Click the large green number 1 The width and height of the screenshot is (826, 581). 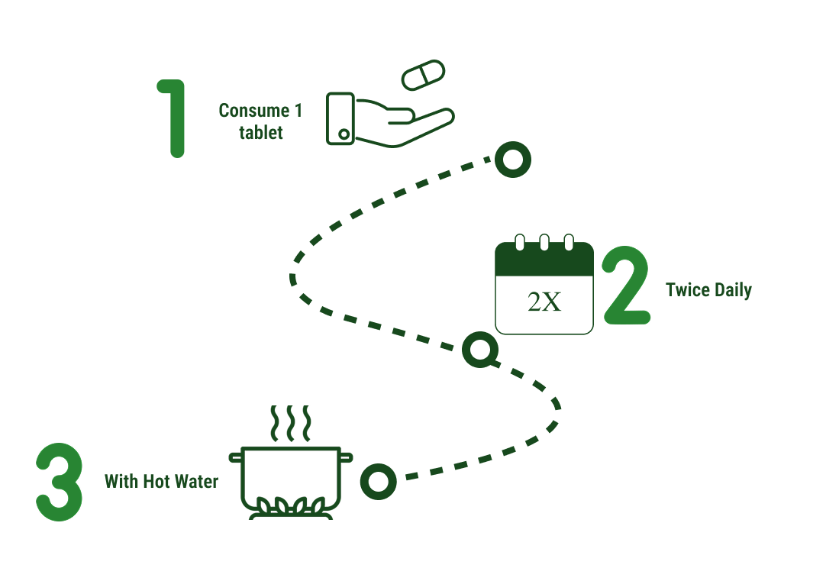tap(175, 118)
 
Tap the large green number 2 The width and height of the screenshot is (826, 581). tap(627, 286)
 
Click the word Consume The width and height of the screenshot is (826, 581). tap(253, 111)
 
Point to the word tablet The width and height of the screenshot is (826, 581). tap(260, 133)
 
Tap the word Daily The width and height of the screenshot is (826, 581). tap(733, 291)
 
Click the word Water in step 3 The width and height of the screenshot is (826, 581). tap(196, 482)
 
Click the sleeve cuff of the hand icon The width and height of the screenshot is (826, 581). tap(340, 118)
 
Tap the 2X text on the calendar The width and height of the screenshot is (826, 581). tap(544, 302)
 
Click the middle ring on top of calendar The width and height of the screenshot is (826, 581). tap(544, 242)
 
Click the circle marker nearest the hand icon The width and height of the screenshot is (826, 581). tap(512, 160)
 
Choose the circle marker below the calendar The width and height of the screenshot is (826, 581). tap(480, 350)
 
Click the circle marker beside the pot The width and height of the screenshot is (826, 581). tap(378, 481)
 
